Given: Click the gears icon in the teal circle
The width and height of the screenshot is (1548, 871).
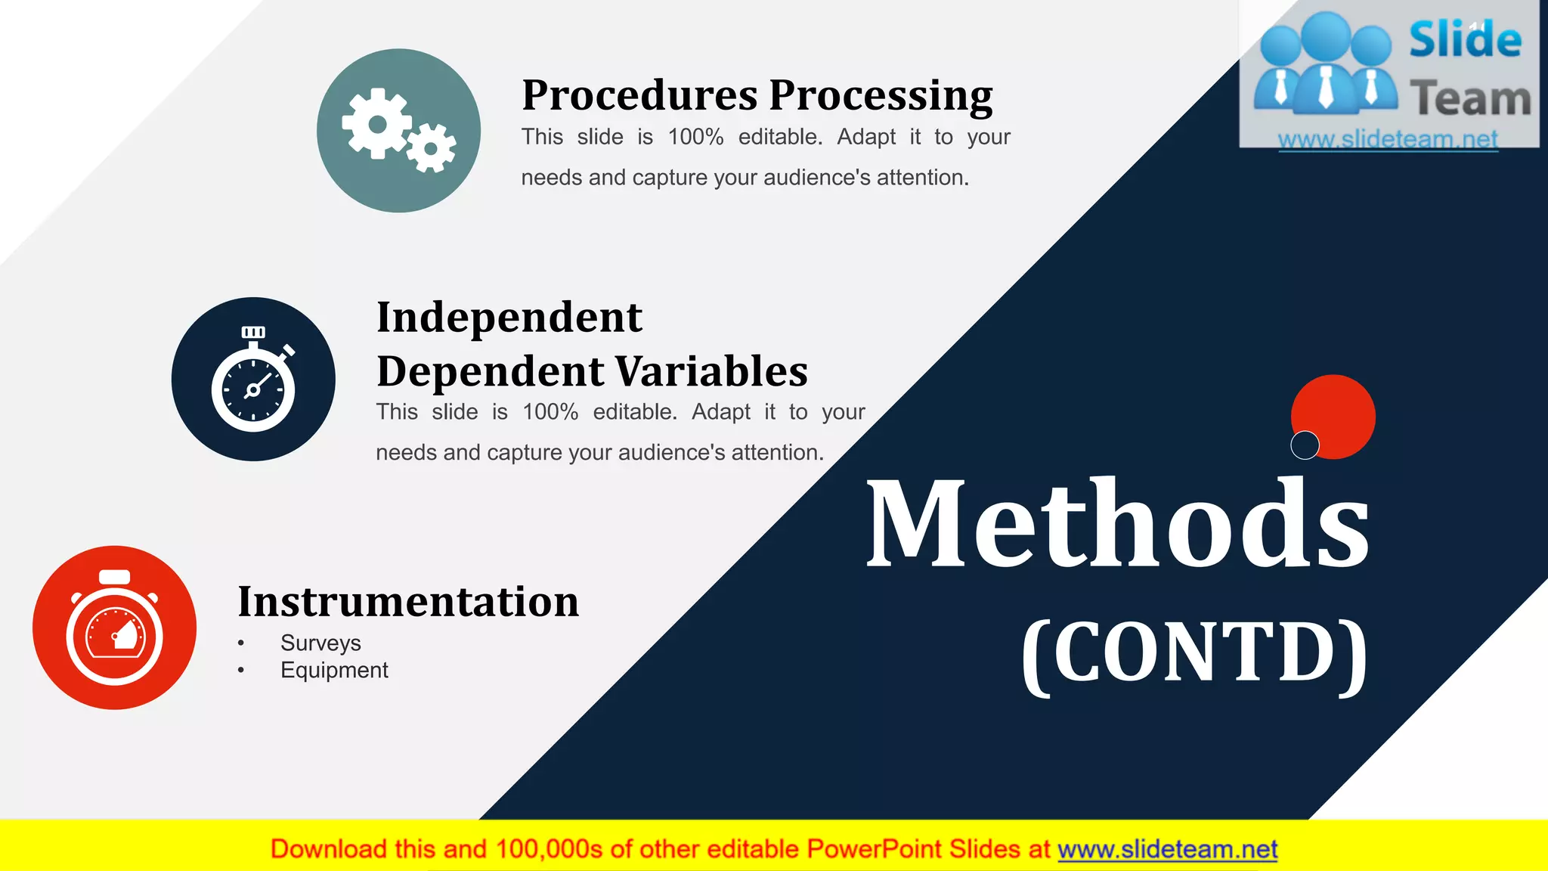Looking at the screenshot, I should click(398, 131).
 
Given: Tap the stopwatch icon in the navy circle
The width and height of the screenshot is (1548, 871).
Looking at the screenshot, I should click(253, 380).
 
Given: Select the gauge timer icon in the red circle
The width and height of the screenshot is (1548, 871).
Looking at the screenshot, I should click(115, 628).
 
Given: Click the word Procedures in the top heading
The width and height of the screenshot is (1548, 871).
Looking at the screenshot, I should click(639, 96).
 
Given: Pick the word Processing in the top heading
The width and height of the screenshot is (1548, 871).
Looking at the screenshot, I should click(881, 96).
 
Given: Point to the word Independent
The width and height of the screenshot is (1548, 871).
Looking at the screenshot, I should click(509, 317).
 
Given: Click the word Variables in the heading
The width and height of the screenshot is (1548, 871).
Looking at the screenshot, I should click(711, 371).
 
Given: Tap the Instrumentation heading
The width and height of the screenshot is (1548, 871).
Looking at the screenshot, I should click(408, 602).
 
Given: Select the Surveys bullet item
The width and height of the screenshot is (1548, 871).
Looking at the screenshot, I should click(320, 643).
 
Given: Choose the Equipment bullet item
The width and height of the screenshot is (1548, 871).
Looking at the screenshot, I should click(334, 670).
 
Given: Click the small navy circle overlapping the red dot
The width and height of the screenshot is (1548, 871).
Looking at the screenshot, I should click(1305, 445).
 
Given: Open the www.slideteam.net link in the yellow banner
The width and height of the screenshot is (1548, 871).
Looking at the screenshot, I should click(1167, 850).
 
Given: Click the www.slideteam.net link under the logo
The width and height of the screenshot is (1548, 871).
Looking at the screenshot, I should click(1388, 139).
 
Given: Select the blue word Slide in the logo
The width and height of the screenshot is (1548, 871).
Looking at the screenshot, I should click(1465, 40).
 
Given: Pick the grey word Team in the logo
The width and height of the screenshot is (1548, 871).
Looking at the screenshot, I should click(1470, 99).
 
